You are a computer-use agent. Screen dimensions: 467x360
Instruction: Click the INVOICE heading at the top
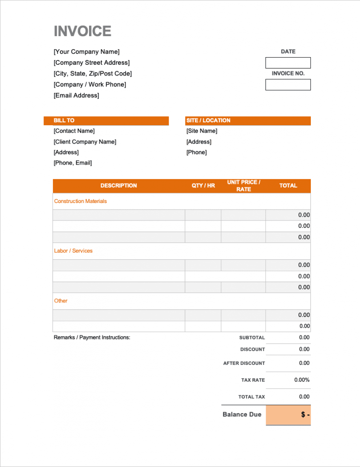82,31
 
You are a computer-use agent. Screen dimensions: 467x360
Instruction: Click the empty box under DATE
288,63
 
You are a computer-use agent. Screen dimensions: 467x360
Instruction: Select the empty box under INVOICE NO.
288,85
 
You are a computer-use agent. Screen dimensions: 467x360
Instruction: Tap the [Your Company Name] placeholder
87,52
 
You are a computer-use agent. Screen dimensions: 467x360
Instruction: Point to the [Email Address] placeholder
76,96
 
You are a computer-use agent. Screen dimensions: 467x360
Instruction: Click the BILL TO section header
64,121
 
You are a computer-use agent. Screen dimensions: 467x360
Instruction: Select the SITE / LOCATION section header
208,121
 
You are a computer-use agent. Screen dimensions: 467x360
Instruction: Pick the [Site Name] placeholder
202,131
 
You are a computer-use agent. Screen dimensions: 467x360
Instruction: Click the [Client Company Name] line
85,142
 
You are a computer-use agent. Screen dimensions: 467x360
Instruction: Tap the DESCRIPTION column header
119,186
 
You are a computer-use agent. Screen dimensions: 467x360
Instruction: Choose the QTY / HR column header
203,186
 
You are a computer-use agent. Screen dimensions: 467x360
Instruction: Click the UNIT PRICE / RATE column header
244,186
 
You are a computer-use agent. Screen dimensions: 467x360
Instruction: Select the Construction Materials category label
81,201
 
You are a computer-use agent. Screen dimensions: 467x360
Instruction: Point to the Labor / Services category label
73,251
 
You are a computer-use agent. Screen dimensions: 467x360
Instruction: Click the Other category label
61,301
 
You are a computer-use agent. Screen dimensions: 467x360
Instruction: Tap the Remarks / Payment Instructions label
92,338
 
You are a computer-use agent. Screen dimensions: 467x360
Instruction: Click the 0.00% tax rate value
302,380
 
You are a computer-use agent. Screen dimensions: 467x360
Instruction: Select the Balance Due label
242,414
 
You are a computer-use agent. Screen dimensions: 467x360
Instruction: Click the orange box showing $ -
288,415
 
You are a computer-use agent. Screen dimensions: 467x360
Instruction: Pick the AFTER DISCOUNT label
244,363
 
